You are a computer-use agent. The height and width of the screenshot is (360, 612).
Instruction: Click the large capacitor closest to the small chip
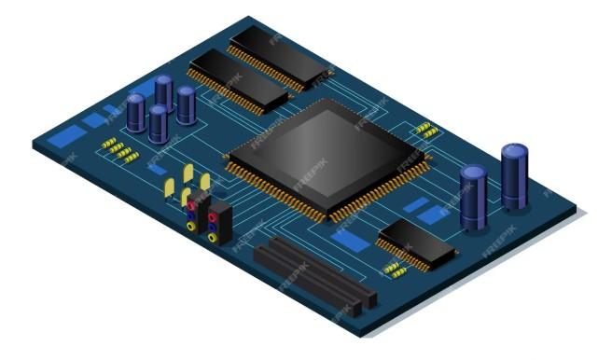pyautogui.click(x=473, y=196)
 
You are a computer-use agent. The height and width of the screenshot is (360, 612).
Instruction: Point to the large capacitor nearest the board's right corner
pyautogui.click(x=514, y=175)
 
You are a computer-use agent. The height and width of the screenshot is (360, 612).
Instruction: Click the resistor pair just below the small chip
pyautogui.click(x=396, y=270)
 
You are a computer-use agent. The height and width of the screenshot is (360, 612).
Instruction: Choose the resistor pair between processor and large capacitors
pyautogui.click(x=426, y=130)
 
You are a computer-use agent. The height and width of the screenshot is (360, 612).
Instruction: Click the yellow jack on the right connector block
pyautogui.click(x=214, y=237)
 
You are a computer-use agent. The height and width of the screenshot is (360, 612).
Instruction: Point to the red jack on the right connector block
pyautogui.click(x=214, y=217)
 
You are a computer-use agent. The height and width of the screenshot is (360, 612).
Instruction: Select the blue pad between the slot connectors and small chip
pyautogui.click(x=347, y=239)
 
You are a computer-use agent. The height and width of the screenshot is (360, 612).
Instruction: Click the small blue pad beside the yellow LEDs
pyautogui.click(x=159, y=170)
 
